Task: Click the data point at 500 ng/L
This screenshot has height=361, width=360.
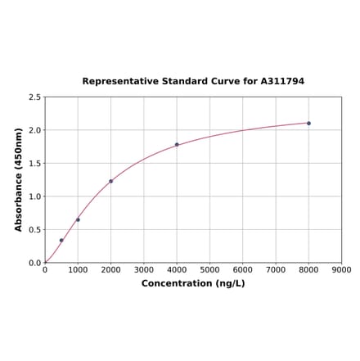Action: click(x=61, y=241)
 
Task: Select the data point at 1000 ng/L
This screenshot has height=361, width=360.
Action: click(x=78, y=219)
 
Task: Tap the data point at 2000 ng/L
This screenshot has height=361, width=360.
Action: click(x=111, y=181)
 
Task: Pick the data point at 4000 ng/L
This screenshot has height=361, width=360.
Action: click(x=177, y=145)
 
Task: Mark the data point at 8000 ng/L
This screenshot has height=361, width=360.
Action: click(x=308, y=123)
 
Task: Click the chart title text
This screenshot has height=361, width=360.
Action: click(x=193, y=82)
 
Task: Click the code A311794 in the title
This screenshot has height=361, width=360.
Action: click(x=282, y=82)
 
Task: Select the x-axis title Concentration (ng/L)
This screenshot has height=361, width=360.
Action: click(x=193, y=283)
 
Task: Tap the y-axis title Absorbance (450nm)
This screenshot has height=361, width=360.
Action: click(x=19, y=179)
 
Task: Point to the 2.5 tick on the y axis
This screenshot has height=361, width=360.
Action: click(x=35, y=97)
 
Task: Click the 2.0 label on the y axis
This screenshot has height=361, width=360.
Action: click(x=35, y=130)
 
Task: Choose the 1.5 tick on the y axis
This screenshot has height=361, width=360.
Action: click(x=35, y=164)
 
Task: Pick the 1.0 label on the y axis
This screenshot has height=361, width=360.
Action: click(x=35, y=196)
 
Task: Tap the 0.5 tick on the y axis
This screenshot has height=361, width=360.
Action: click(x=35, y=230)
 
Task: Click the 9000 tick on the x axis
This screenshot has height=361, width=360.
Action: click(x=342, y=269)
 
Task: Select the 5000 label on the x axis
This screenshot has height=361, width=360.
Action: click(x=209, y=269)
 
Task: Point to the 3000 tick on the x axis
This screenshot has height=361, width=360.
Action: click(x=144, y=269)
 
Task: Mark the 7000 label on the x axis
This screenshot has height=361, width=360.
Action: click(x=276, y=269)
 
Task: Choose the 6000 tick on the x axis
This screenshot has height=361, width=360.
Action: click(x=243, y=269)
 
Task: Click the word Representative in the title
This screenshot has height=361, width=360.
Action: click(x=116, y=82)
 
